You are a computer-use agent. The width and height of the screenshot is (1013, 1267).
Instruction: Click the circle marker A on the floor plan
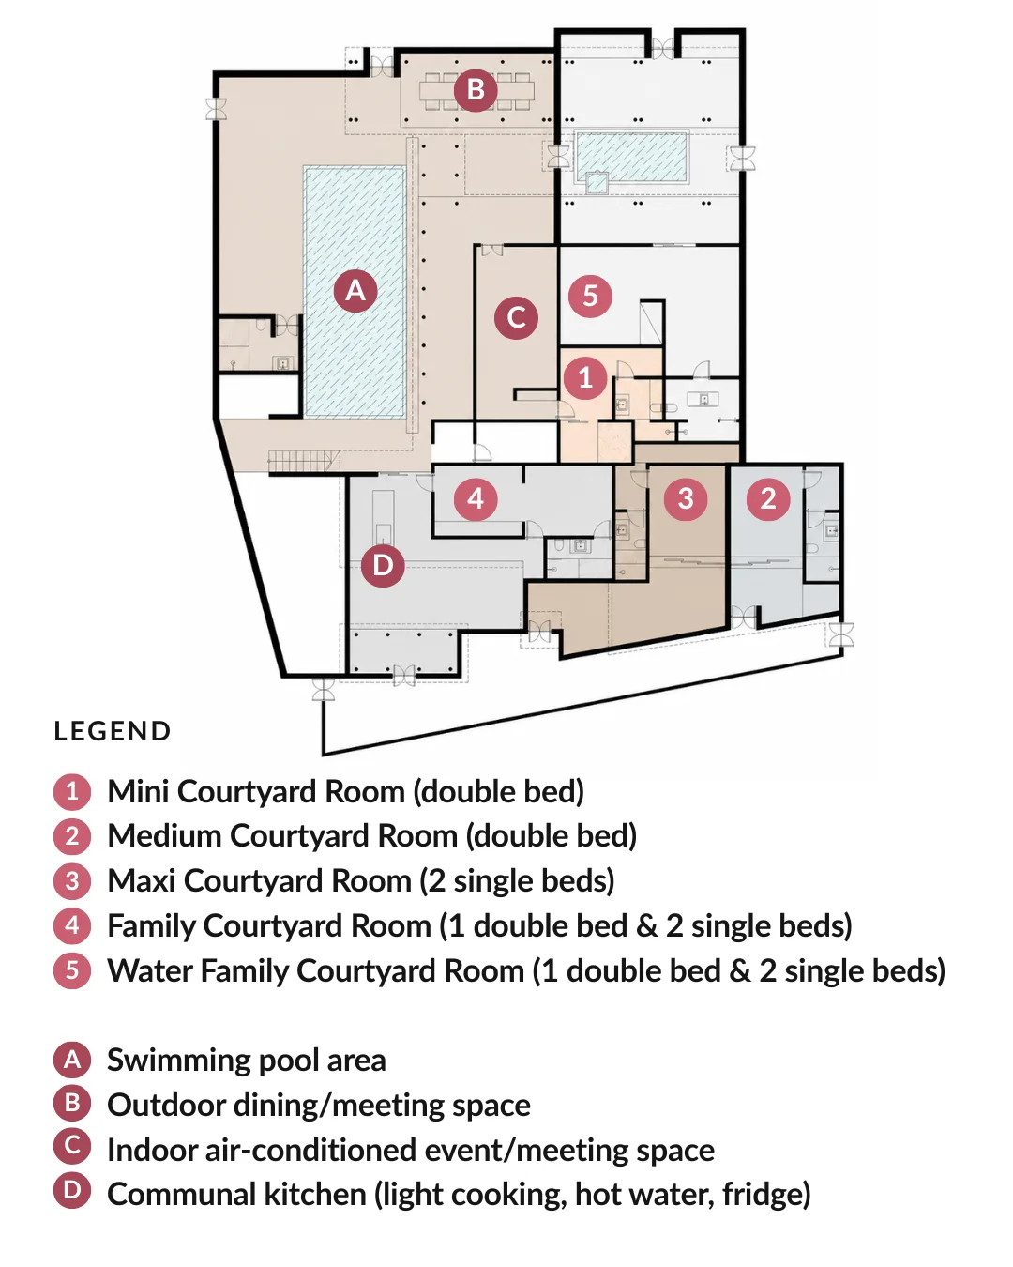355,290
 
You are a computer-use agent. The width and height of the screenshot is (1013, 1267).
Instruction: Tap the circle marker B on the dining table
476,90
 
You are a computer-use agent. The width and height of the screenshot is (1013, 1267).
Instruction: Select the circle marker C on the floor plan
516,318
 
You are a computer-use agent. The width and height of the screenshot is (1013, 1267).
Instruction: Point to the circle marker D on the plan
383,566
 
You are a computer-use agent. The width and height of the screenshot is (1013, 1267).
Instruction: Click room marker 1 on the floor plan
585,377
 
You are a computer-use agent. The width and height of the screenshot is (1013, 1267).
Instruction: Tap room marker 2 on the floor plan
768,498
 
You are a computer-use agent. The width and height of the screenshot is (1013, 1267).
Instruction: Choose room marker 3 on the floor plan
686,498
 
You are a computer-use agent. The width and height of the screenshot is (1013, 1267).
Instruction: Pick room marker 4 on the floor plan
476,499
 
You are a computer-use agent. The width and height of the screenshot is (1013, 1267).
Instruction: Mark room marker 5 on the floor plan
590,296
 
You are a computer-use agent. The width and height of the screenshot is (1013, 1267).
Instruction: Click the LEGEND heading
113,731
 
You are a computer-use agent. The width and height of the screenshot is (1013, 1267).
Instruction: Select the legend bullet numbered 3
72,880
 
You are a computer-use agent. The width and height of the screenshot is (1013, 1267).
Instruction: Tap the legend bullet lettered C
72,1145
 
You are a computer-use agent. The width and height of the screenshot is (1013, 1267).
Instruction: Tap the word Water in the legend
150,970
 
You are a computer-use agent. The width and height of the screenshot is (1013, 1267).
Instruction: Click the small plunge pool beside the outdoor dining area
631,158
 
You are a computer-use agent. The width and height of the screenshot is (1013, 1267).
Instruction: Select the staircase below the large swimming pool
304,461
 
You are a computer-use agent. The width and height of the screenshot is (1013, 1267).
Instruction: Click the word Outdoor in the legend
167,1105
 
